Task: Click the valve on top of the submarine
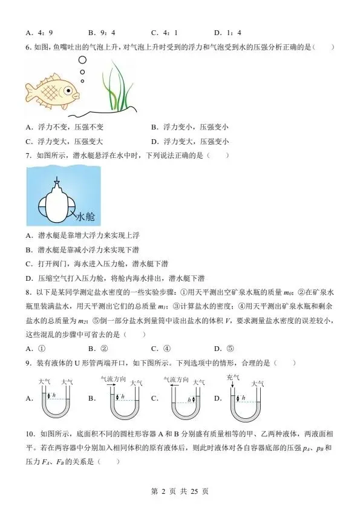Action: [56, 180]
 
